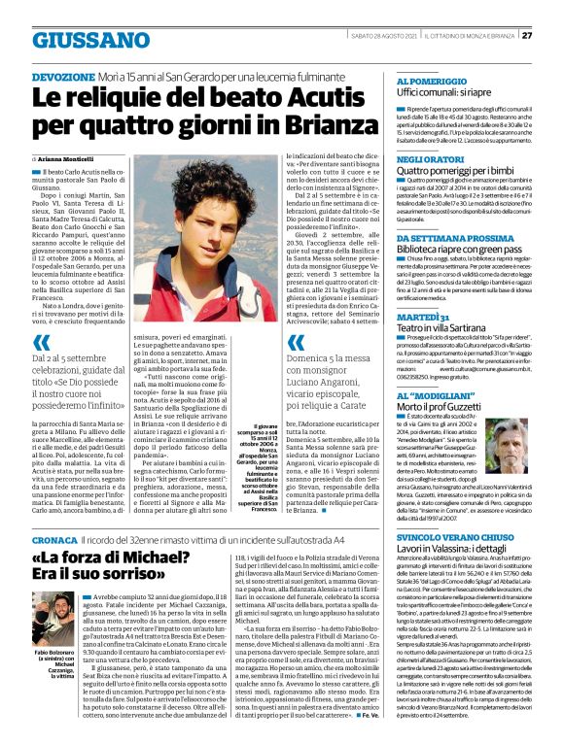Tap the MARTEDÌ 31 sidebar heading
[x=425, y=317]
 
